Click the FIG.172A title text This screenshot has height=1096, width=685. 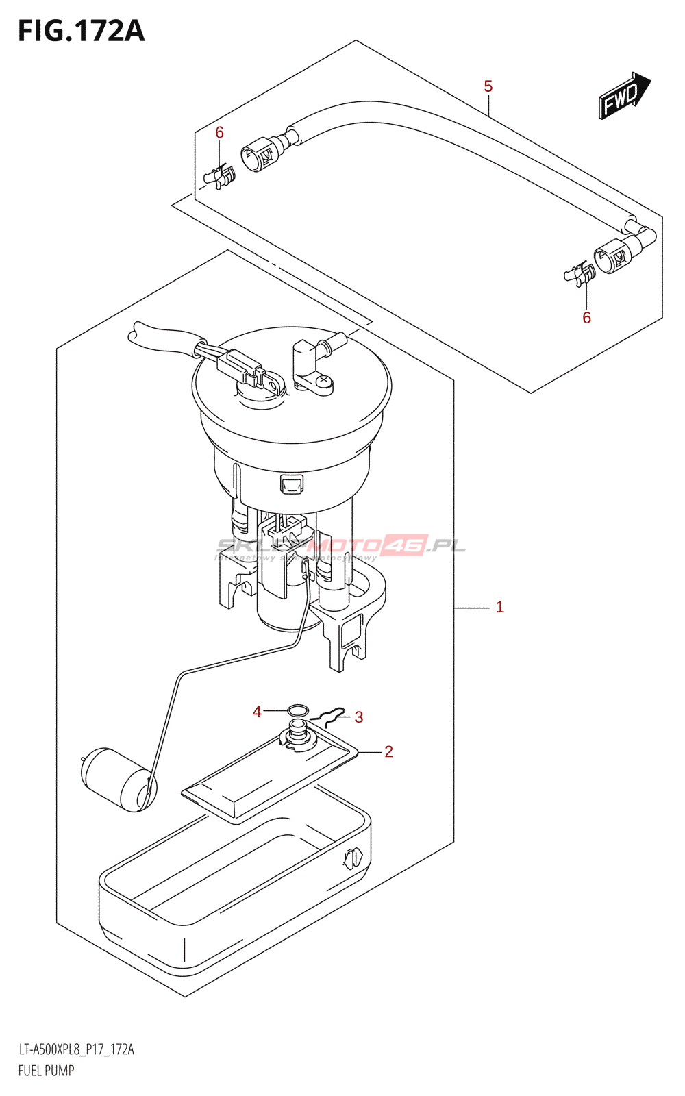81,32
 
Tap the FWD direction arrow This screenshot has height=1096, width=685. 623,97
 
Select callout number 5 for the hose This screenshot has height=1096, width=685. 488,86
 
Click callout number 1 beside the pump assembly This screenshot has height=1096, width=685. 499,607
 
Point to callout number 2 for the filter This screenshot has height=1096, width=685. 388,751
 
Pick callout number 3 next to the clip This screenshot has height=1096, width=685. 358,717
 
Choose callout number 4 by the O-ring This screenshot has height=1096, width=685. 257,712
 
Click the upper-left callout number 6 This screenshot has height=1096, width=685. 219,132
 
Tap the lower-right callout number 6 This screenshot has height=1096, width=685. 586,317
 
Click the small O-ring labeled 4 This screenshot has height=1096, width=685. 297,710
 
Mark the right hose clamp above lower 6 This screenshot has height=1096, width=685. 580,274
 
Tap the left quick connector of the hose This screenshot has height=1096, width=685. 259,153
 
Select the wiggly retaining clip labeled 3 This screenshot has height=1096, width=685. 327,717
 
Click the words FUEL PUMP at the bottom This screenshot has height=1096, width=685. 46,1070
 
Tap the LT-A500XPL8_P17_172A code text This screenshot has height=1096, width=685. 76,1049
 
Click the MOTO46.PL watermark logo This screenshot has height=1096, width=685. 370,546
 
